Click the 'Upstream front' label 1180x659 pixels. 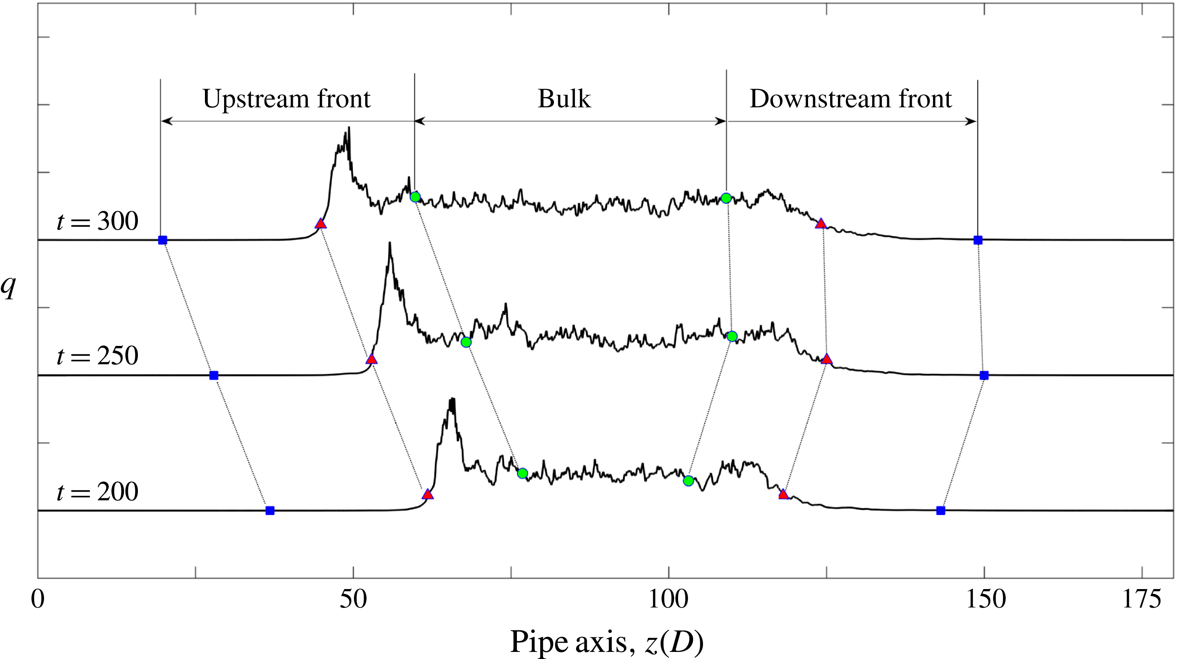[286, 99]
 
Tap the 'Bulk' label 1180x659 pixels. [564, 99]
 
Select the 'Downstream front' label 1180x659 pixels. [851, 99]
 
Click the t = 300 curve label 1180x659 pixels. [97, 221]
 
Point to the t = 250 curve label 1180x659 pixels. [97, 356]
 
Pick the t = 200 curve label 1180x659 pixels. [97, 492]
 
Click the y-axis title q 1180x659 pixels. [8, 287]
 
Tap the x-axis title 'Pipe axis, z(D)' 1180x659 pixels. [606, 642]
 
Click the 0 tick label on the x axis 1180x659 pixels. [37, 599]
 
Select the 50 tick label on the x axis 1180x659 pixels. [353, 599]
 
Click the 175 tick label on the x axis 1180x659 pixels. [1142, 599]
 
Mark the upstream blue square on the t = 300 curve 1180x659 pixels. [162, 240]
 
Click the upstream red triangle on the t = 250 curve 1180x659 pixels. [372, 359]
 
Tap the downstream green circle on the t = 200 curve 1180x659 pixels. [688, 481]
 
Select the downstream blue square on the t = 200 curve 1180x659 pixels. [941, 510]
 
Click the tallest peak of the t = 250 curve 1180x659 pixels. [389, 244]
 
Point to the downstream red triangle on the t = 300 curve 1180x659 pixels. [821, 224]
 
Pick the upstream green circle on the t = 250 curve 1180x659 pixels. [466, 342]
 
